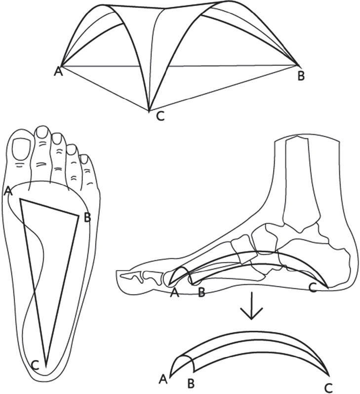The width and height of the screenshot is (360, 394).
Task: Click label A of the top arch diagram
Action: pyautogui.click(x=58, y=72)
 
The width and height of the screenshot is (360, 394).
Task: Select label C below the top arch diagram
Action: pyautogui.click(x=160, y=116)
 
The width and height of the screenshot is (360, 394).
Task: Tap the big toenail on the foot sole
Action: pyautogui.click(x=22, y=149)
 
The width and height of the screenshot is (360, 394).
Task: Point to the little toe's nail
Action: pyautogui.click(x=84, y=159)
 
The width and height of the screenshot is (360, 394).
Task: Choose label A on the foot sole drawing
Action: pyautogui.click(x=8, y=191)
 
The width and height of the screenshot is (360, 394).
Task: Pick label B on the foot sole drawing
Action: pyautogui.click(x=87, y=218)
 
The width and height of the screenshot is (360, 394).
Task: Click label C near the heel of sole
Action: pyautogui.click(x=36, y=365)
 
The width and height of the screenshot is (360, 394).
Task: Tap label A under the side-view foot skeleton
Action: pyautogui.click(x=174, y=293)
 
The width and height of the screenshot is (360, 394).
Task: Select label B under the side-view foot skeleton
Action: pyautogui.click(x=201, y=293)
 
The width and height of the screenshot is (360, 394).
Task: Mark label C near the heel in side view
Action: pyautogui.click(x=313, y=288)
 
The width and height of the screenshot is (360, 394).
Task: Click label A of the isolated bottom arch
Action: pyautogui.click(x=163, y=380)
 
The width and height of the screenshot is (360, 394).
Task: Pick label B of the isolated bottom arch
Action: pyautogui.click(x=191, y=384)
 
